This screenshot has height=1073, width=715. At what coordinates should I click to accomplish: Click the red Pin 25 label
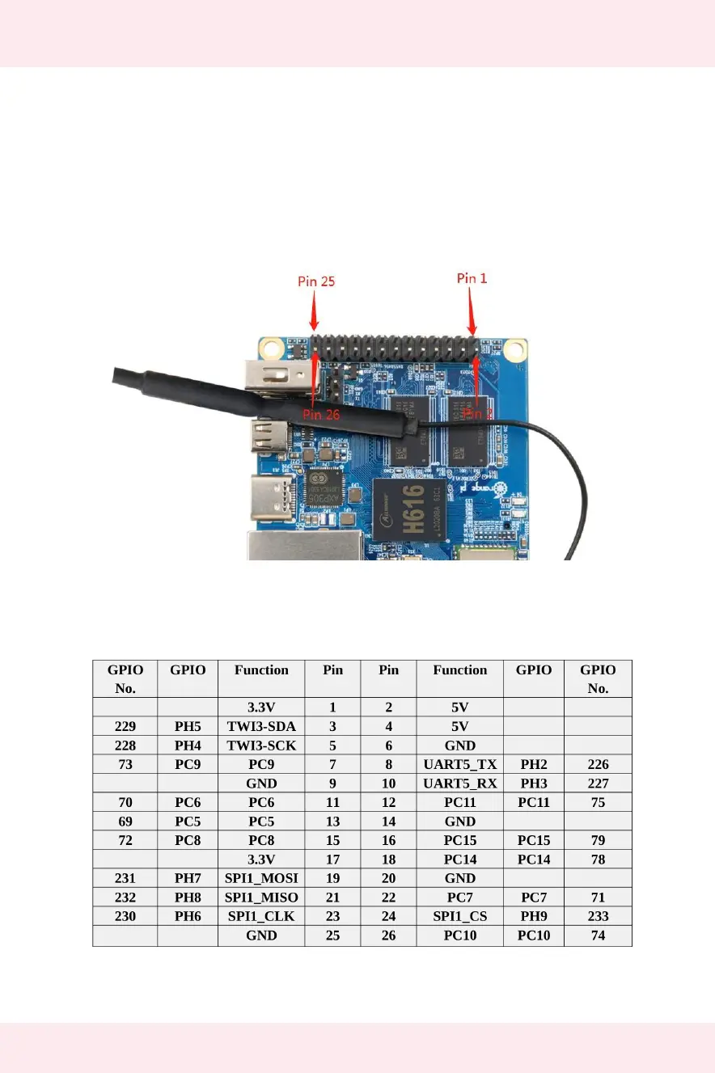tap(316, 281)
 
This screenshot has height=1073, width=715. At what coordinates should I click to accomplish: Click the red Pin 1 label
tap(472, 278)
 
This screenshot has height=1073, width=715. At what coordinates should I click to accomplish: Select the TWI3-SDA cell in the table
tap(261, 726)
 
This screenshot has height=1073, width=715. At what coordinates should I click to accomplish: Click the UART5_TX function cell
tap(459, 764)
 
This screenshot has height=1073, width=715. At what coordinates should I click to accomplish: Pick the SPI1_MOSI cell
tap(261, 878)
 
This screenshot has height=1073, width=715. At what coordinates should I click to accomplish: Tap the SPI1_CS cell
tap(459, 916)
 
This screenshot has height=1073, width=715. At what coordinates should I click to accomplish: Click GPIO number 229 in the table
tap(125, 726)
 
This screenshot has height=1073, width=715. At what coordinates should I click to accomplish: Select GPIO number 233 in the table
tap(598, 916)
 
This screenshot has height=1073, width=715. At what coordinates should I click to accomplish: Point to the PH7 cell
tap(188, 878)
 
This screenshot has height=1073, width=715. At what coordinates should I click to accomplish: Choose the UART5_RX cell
tap(459, 784)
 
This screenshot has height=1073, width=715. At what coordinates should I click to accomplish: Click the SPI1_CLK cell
tap(261, 916)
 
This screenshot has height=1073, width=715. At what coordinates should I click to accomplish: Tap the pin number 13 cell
tap(332, 822)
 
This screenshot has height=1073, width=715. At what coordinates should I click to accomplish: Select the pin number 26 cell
tap(388, 936)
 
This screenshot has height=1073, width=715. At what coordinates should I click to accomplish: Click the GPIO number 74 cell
tap(598, 936)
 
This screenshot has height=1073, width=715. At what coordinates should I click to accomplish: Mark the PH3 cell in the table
tap(534, 784)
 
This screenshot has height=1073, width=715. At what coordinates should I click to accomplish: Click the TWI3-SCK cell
tap(261, 746)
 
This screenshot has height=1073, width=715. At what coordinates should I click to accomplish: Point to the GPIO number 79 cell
tap(598, 840)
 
